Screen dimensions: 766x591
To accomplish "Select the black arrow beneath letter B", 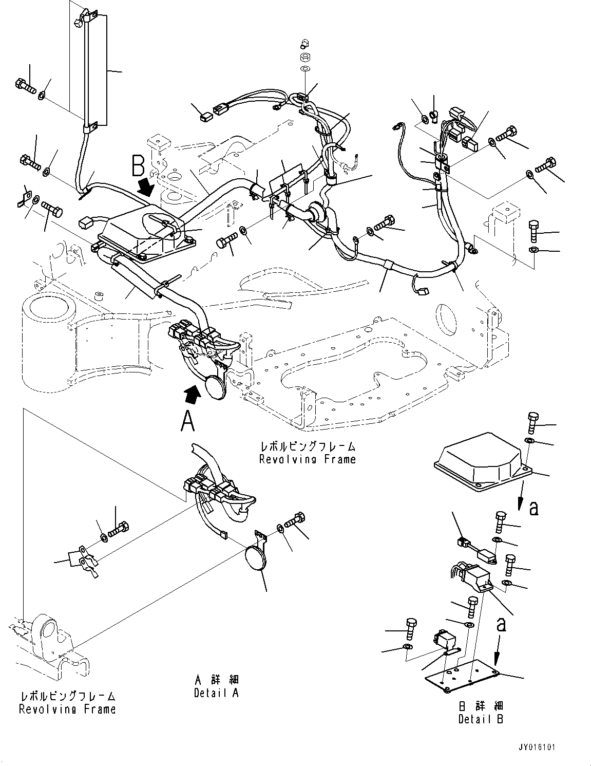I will [x=147, y=188].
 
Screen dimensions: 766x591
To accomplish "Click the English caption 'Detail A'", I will [x=216, y=693].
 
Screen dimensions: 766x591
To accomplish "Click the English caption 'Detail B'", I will [x=481, y=719].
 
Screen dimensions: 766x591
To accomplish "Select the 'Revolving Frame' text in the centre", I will [x=307, y=459].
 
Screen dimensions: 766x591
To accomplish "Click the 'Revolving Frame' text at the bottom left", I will [x=67, y=709].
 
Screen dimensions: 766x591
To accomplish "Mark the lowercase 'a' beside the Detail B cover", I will [x=533, y=508].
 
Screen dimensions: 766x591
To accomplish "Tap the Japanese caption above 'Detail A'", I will [x=216, y=680].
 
